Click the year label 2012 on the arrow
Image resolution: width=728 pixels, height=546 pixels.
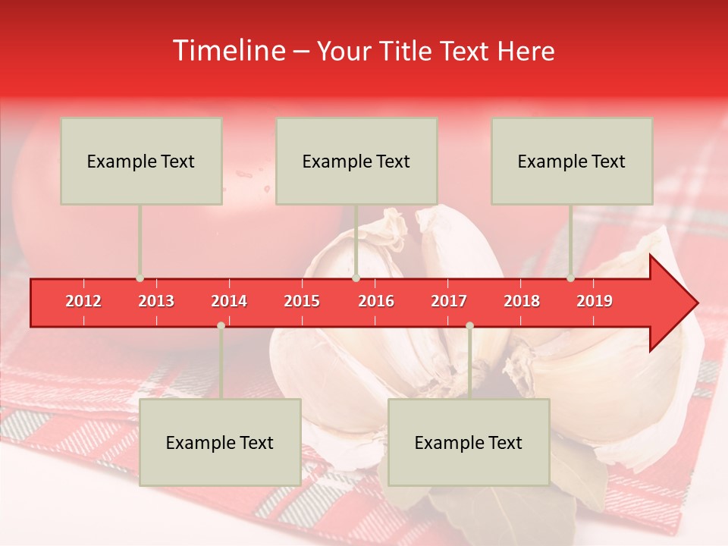(x=83, y=301)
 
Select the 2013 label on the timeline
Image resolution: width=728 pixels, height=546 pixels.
(x=156, y=301)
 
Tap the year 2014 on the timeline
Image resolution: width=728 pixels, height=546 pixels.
(x=229, y=301)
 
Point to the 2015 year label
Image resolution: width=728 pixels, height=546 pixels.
(x=302, y=301)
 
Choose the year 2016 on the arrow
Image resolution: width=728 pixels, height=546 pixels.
(x=376, y=301)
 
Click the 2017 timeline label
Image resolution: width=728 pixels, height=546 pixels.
(x=449, y=301)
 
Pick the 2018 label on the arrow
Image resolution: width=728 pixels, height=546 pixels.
(x=522, y=301)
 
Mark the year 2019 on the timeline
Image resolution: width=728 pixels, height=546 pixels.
(x=595, y=301)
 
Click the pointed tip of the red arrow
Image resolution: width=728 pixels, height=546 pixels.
(x=695, y=303)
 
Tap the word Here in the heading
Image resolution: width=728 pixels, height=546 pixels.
(x=526, y=51)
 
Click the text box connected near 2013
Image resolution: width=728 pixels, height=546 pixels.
(x=141, y=161)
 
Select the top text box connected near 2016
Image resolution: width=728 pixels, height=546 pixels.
(x=356, y=161)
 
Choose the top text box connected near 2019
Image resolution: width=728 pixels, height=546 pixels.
(x=572, y=161)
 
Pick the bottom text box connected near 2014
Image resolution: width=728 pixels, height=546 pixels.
(x=220, y=442)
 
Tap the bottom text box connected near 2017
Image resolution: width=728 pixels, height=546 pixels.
(x=469, y=442)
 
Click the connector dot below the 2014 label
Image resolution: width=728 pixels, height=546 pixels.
(x=221, y=325)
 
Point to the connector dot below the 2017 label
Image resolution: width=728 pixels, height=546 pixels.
(x=469, y=325)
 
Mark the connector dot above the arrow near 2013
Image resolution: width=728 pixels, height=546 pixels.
(x=140, y=278)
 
